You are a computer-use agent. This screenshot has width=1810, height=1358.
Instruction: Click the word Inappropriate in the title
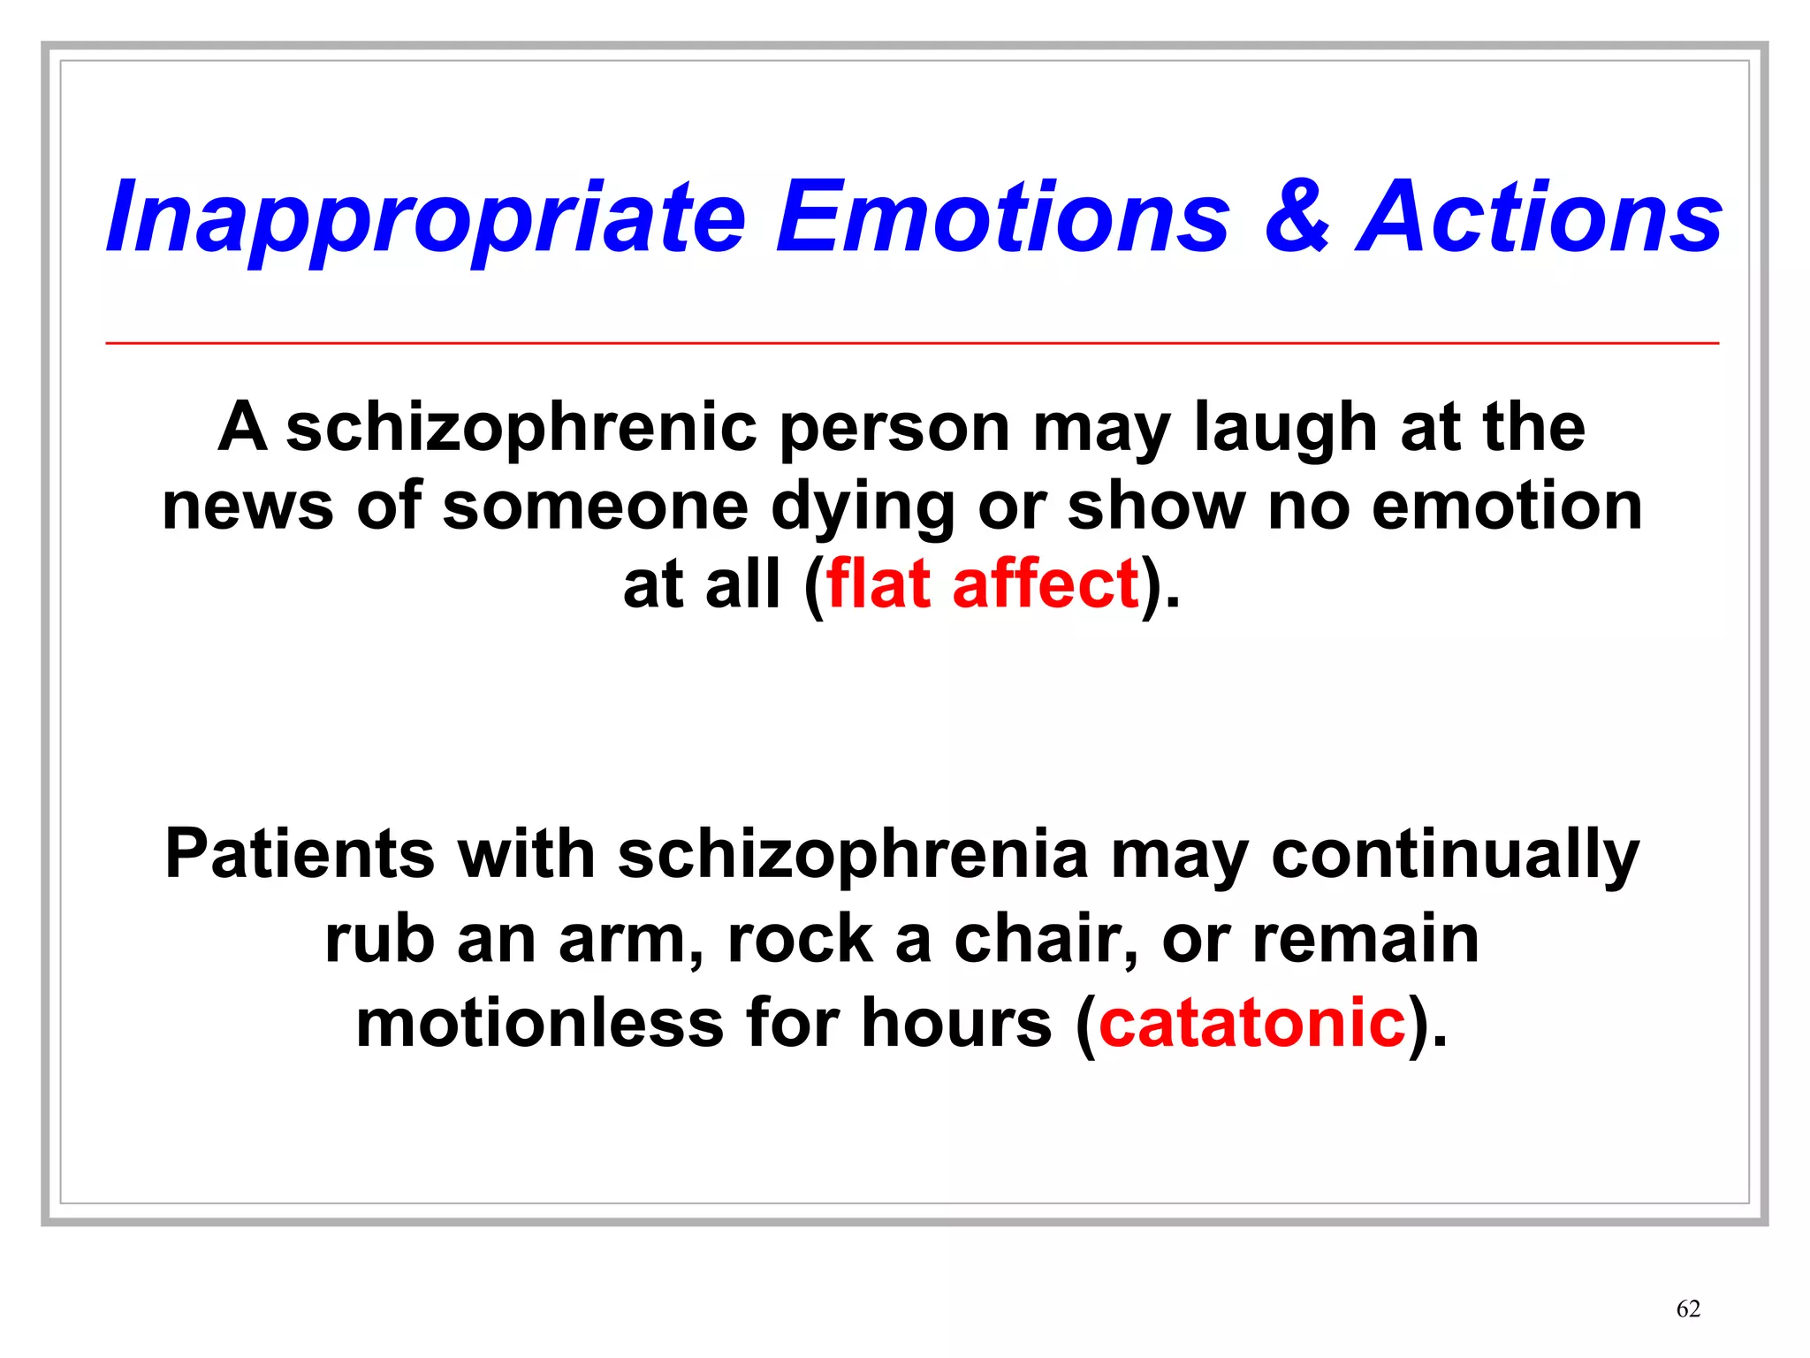(426, 218)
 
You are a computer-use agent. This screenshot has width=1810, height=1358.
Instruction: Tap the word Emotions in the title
(1002, 217)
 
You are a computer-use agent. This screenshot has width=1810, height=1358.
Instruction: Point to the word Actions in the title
(1540, 217)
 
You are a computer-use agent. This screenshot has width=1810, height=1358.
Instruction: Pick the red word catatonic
(1251, 1022)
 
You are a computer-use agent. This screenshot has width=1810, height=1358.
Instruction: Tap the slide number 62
(1688, 1308)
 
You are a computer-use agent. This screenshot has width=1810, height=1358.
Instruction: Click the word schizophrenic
(521, 429)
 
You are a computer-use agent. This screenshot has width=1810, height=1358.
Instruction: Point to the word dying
(863, 507)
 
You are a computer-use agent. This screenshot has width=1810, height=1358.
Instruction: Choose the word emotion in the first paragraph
(1507, 506)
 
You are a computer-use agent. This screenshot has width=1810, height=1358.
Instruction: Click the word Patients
(300, 854)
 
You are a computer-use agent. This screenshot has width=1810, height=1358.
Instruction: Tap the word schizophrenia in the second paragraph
(853, 854)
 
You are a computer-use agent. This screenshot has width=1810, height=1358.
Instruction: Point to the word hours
(956, 1022)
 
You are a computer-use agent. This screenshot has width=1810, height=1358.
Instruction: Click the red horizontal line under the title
(912, 343)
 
